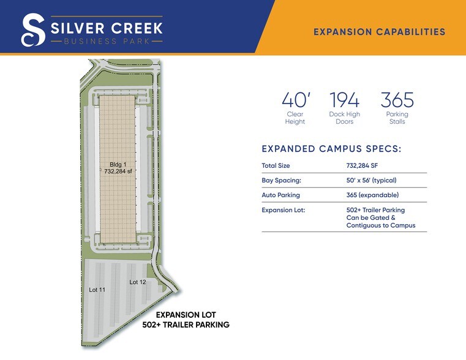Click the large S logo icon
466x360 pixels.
(32, 30)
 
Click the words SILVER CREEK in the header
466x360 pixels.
(105, 28)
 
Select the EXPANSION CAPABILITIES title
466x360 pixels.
(379, 32)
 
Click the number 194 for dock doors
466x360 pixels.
(344, 100)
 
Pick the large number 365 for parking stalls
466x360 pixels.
(397, 100)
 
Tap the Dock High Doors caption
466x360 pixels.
(344, 118)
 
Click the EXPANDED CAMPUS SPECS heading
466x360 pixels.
(331, 149)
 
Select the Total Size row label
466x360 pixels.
(276, 165)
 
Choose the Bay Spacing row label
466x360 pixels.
(281, 180)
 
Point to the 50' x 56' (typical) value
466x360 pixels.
(371, 180)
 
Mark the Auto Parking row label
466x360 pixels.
(280, 195)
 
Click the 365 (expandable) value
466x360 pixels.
(372, 195)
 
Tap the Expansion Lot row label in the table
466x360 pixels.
(283, 210)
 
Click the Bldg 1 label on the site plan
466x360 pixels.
(118, 165)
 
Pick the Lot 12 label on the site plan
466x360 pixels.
(137, 282)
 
